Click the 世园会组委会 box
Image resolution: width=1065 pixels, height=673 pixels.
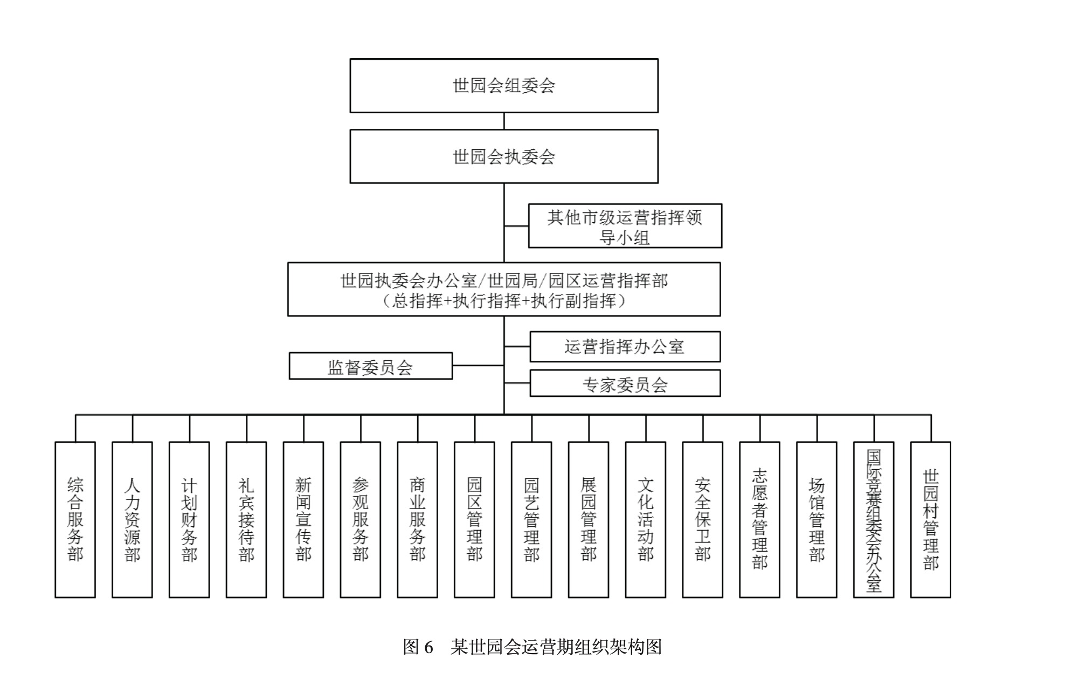click(503, 86)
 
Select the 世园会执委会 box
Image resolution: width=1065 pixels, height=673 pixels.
click(503, 156)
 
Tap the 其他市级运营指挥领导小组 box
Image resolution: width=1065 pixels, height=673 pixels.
click(625, 226)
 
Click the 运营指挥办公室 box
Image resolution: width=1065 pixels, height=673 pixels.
click(625, 347)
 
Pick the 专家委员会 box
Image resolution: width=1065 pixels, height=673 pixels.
click(625, 383)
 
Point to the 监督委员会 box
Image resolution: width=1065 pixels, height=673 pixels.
click(370, 366)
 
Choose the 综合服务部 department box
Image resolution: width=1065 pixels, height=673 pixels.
click(75, 519)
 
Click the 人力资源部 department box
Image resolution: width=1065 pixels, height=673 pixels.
click(132, 519)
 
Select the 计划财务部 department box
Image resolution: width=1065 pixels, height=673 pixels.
click(189, 519)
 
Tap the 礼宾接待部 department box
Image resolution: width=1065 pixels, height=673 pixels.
click(246, 519)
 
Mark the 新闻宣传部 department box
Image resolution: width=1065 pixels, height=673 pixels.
click(303, 519)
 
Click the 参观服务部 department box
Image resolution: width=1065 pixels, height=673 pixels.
click(360, 519)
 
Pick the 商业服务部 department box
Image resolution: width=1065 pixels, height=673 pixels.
click(417, 519)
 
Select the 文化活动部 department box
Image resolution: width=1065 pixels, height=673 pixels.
click(645, 519)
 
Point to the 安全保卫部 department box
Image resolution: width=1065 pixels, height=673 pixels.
click(702, 519)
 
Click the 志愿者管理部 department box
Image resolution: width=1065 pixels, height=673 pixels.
click(759, 519)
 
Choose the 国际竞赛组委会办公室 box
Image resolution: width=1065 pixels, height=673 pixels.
click(874, 519)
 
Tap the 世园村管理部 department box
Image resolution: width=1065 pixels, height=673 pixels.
click(930, 519)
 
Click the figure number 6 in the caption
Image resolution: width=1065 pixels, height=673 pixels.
click(428, 647)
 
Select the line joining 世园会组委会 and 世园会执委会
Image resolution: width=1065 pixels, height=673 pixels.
click(504, 121)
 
